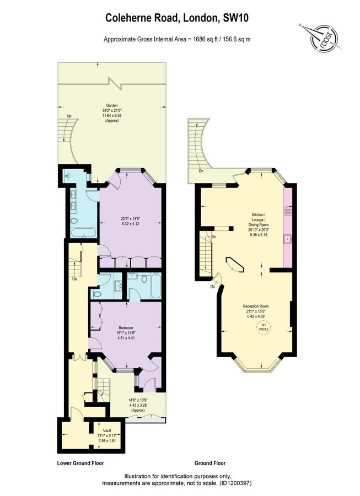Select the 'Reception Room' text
click(256, 306)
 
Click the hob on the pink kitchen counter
click(287, 211)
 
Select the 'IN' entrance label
click(212, 287)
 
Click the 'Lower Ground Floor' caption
click(80, 463)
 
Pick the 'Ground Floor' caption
click(210, 463)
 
